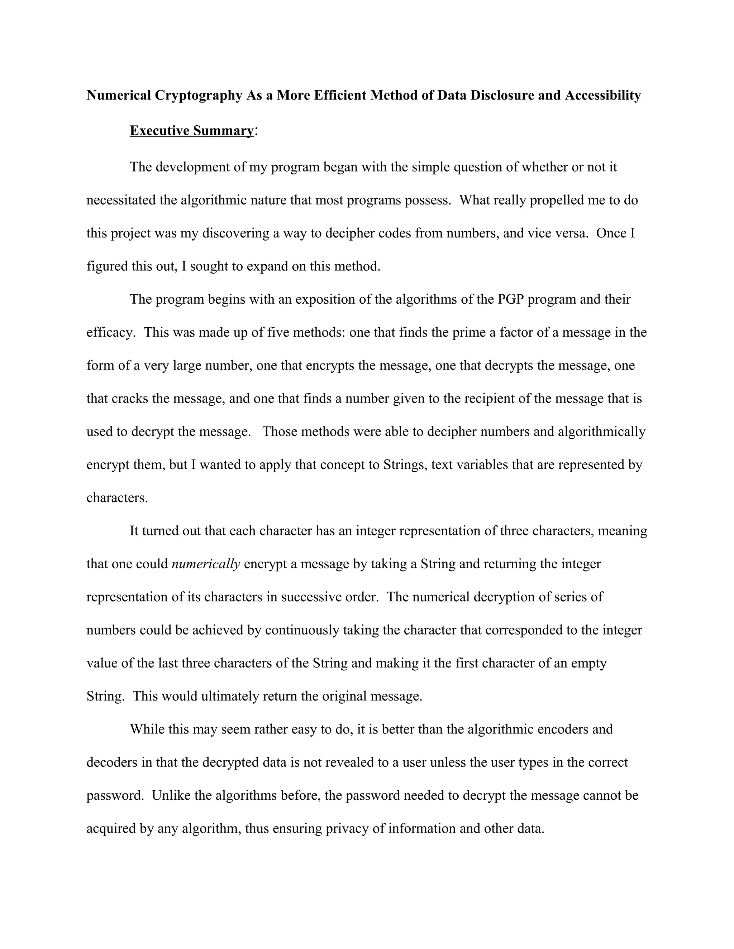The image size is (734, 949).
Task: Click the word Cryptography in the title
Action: [x=199, y=95]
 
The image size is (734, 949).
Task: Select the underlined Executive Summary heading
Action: [x=191, y=131]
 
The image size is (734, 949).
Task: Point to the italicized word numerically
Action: [x=206, y=564]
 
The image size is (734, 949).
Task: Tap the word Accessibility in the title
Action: [x=603, y=95]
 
